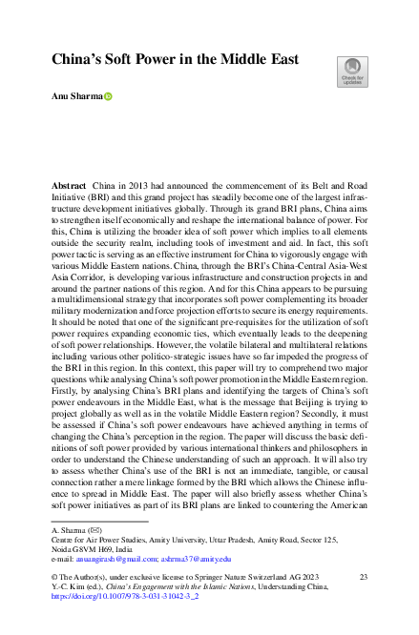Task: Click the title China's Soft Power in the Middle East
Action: [x=175, y=59]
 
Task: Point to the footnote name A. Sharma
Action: [x=70, y=529]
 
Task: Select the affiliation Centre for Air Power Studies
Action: [x=100, y=540]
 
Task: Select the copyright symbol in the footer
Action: [x=56, y=578]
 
